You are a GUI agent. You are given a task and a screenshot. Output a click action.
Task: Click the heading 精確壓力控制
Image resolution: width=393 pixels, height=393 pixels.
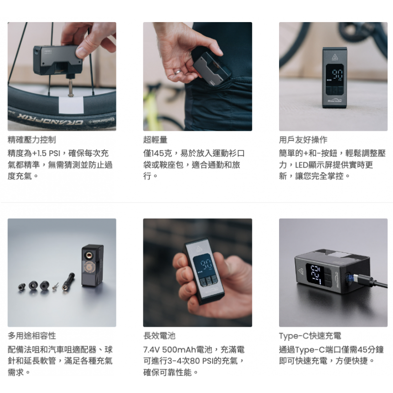32,140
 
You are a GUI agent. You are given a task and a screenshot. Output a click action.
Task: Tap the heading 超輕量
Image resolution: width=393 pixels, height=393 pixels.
155,140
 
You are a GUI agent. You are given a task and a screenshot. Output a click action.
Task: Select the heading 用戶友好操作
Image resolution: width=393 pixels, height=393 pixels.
303,140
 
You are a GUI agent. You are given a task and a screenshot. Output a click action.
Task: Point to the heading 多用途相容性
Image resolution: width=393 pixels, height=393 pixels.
32,336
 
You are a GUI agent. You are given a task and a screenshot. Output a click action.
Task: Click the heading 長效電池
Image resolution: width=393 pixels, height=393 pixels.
159,336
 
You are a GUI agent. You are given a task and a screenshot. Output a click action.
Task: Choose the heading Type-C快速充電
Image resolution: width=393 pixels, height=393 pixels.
310,336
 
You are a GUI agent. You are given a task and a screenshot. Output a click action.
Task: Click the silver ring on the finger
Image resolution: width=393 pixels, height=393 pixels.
178,72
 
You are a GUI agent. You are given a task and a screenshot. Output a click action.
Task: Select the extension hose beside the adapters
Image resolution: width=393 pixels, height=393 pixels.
68,281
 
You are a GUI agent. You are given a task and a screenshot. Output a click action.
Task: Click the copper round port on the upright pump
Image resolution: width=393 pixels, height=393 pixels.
88,255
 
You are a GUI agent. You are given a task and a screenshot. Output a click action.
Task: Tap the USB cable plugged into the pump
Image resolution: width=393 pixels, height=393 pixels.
368,281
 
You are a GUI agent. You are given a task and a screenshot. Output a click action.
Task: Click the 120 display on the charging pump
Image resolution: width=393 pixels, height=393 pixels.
316,275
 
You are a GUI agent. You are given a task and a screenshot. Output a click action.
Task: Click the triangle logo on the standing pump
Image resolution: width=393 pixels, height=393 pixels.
335,56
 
